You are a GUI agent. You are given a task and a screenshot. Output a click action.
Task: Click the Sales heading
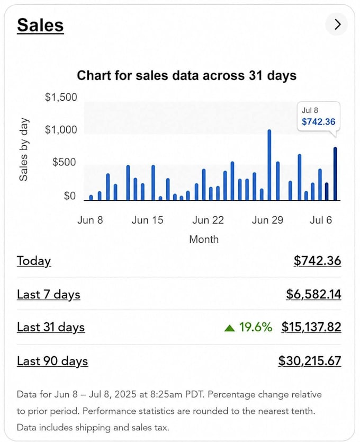(40, 25)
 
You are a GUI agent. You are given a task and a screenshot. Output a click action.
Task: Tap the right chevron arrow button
(337, 24)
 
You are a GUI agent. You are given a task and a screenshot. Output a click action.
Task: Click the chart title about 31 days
(186, 76)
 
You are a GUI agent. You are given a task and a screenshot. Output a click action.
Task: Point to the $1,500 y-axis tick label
(61, 98)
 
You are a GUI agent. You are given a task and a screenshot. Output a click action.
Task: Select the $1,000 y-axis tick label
(61, 130)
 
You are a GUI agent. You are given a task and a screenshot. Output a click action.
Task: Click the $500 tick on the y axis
(64, 162)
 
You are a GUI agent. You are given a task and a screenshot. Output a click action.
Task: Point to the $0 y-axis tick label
(69, 196)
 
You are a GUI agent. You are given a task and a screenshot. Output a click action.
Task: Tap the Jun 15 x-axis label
(147, 220)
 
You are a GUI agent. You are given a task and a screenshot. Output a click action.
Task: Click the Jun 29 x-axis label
(267, 220)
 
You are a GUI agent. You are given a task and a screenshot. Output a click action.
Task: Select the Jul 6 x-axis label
(321, 220)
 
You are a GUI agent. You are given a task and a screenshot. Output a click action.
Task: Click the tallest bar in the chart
(269, 165)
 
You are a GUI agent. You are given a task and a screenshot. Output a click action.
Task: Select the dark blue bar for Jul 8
(335, 174)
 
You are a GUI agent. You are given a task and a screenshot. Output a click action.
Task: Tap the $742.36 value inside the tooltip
(318, 122)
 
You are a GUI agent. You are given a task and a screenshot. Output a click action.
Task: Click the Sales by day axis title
(24, 149)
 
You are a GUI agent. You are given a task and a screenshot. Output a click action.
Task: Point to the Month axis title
(204, 240)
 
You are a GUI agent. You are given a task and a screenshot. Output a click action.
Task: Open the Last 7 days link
(49, 295)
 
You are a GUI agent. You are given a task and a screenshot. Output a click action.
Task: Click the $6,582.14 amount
(313, 294)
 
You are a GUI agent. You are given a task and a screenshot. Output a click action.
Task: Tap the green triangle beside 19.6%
(230, 328)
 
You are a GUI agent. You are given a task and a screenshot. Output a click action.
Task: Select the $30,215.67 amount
(310, 361)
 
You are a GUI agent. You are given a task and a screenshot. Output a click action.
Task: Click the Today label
(34, 261)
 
